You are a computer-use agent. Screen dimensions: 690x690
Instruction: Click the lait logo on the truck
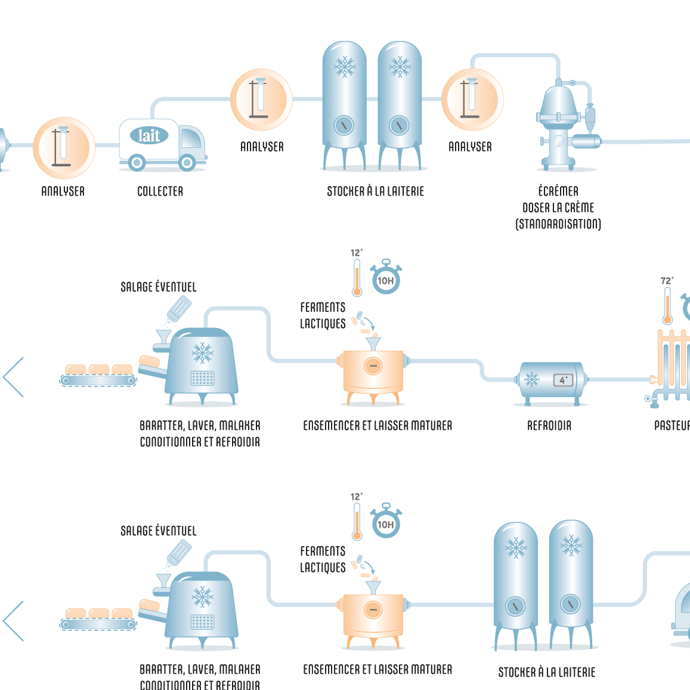(149, 135)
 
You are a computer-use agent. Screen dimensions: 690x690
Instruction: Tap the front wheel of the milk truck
(187, 162)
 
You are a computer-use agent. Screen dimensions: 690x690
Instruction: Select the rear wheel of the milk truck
(137, 162)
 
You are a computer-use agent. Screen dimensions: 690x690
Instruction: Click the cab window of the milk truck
(191, 139)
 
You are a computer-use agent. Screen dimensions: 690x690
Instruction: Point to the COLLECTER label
(160, 191)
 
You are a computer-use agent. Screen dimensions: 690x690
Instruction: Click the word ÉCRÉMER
(558, 191)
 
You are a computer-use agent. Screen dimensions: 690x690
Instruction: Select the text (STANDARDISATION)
(558, 224)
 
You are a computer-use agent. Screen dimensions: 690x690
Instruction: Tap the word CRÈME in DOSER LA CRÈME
(579, 208)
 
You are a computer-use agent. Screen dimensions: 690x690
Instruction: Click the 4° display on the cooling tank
(563, 380)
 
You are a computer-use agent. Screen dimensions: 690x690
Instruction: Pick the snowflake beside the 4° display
(531, 379)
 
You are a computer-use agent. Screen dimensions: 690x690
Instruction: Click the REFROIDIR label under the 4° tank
(549, 426)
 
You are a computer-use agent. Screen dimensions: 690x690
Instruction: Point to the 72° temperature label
(667, 281)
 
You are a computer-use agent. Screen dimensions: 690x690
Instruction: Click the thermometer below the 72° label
(667, 306)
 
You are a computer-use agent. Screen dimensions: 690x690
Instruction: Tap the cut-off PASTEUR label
(672, 426)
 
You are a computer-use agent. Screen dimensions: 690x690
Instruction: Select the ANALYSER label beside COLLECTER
(63, 191)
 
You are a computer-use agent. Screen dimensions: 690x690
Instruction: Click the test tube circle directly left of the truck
(63, 148)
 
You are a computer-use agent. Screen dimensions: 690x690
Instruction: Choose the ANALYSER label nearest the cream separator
(470, 147)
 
